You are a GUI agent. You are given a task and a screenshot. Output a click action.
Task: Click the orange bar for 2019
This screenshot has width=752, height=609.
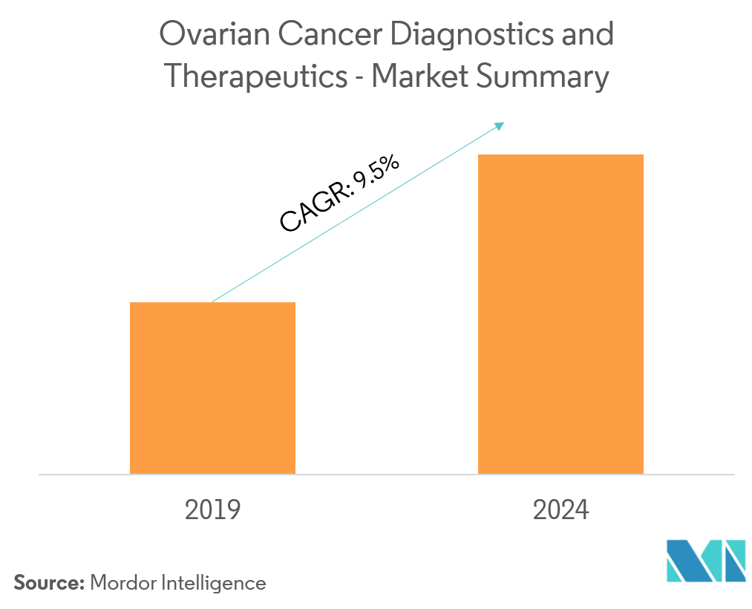(x=212, y=388)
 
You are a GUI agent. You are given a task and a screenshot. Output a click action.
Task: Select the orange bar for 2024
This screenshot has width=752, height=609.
(x=560, y=313)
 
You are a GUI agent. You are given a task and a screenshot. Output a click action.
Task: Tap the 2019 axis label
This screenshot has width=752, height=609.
(x=212, y=510)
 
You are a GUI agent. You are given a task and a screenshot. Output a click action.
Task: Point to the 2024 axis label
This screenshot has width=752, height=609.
(x=560, y=510)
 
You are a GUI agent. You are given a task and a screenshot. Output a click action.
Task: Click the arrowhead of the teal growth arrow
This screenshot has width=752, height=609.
(x=499, y=126)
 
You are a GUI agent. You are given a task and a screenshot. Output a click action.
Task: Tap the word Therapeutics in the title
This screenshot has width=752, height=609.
(x=255, y=77)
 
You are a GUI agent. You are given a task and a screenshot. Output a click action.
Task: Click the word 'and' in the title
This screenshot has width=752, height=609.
(x=589, y=35)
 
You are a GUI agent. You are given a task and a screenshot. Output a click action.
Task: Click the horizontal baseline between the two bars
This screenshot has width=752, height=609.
(x=386, y=474)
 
